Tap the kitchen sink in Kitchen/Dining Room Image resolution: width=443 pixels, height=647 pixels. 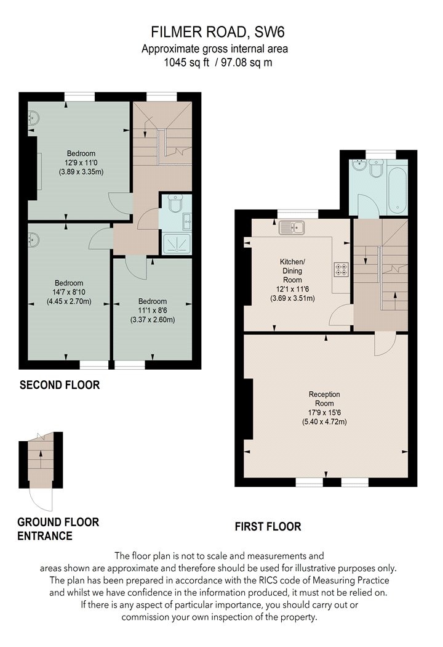pyautogui.click(x=292, y=227)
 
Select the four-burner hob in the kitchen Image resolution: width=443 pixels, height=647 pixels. pyautogui.click(x=341, y=269)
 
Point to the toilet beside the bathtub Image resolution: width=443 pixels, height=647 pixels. pyautogui.click(x=376, y=169)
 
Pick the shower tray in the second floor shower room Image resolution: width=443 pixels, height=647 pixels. pyautogui.click(x=177, y=243)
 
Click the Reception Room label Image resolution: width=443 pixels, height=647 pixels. pyautogui.click(x=324, y=399)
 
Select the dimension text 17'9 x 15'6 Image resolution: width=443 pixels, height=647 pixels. pyautogui.click(x=324, y=413)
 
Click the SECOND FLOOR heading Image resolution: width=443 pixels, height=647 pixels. pyautogui.click(x=60, y=385)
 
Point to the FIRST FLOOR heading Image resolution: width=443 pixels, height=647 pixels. pyautogui.click(x=268, y=526)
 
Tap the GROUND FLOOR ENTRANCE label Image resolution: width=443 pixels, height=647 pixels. pyautogui.click(x=58, y=529)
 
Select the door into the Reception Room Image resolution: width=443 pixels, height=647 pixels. pyautogui.click(x=385, y=344)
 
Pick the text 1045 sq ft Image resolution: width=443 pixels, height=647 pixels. pyautogui.click(x=186, y=63)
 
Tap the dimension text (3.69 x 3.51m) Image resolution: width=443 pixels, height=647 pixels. pyautogui.click(x=293, y=298)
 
